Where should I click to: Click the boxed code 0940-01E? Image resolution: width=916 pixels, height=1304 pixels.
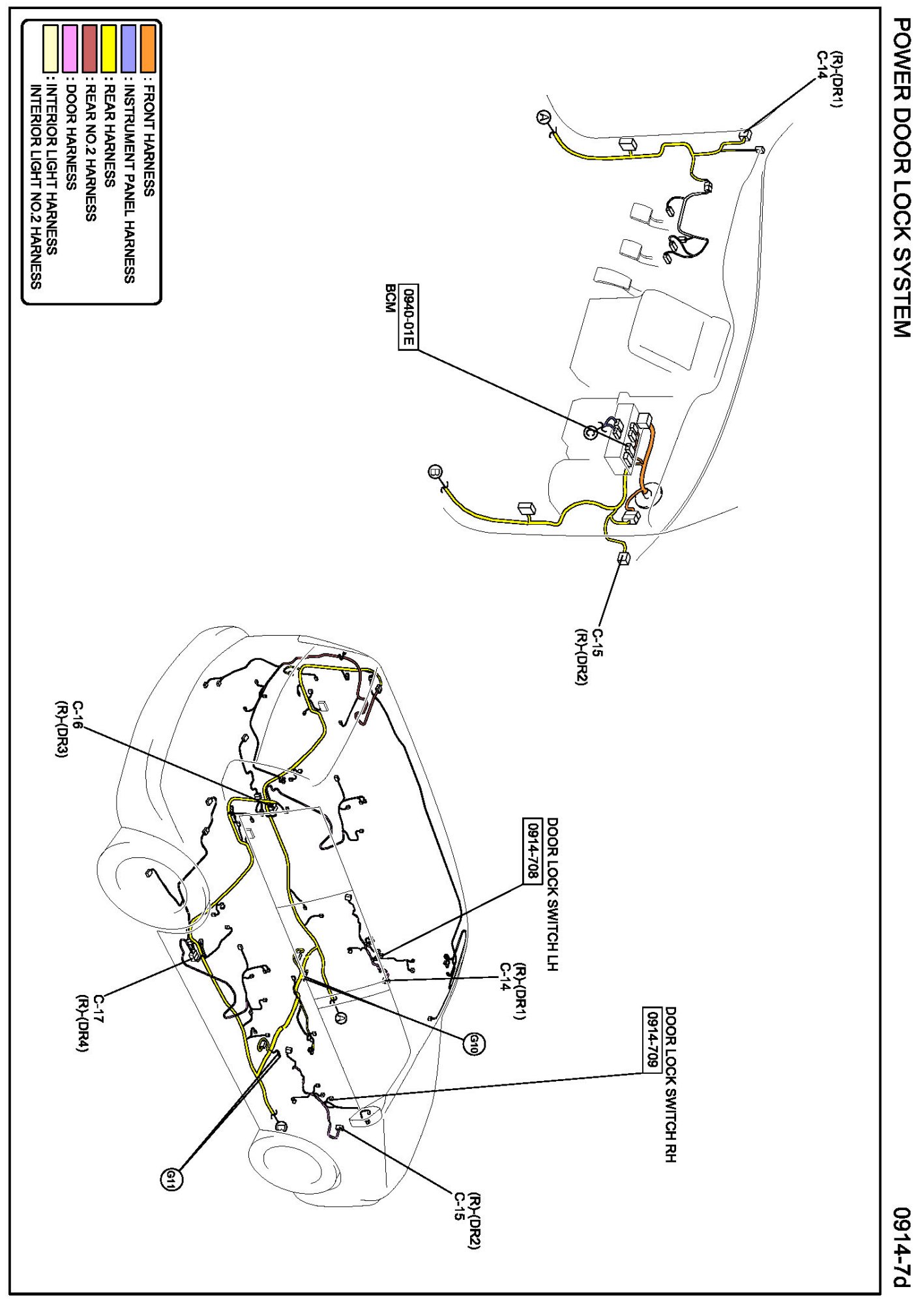coord(408,318)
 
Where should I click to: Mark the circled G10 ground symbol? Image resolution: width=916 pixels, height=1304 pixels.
coord(473,1044)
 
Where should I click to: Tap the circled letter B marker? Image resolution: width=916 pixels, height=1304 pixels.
coord(435,471)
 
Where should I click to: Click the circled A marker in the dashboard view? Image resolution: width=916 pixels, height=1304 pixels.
coord(543,117)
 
